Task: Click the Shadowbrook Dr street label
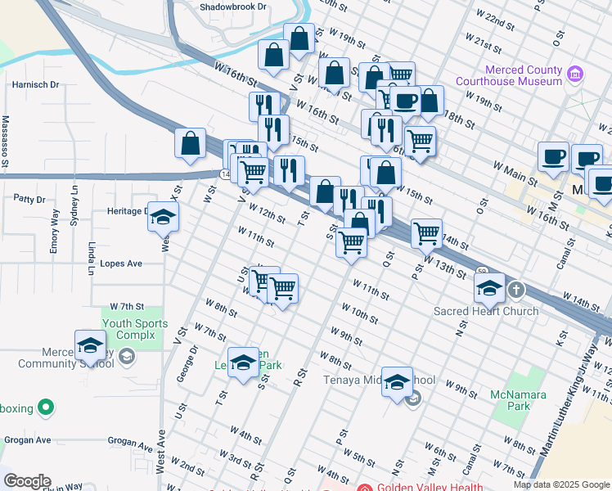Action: tap(233, 7)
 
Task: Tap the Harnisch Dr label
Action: tap(35, 84)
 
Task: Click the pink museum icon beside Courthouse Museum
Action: tap(575, 75)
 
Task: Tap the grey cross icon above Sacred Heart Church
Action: tap(516, 290)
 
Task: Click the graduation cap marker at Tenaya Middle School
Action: tap(397, 381)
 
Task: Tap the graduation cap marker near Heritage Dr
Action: tap(163, 216)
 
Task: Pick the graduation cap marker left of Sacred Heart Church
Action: tap(489, 287)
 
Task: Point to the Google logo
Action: tap(26, 481)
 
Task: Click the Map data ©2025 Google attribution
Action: tap(561, 484)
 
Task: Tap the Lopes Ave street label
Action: tap(121, 264)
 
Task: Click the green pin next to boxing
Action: tap(47, 406)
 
